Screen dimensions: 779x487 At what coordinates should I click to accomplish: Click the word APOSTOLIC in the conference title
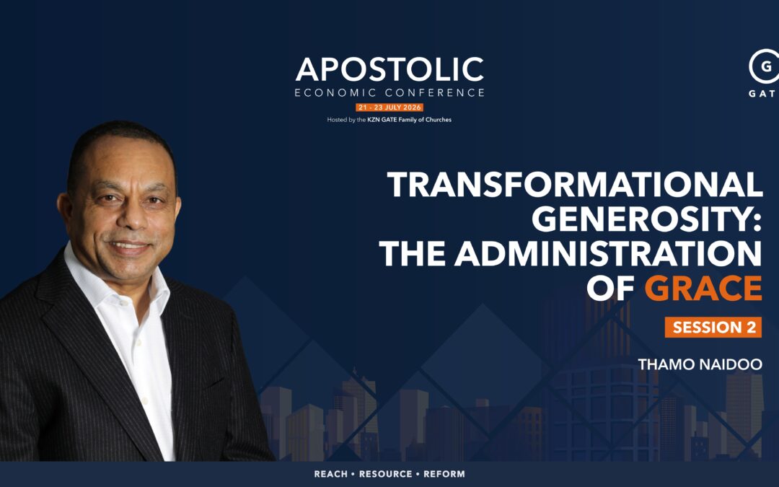click(389, 69)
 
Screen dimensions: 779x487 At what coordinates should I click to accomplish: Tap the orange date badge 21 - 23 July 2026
click(389, 108)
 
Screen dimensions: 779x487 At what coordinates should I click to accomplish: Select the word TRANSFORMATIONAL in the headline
click(575, 185)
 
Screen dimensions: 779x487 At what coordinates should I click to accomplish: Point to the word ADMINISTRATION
click(608, 253)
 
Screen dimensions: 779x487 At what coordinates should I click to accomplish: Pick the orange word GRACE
click(703, 288)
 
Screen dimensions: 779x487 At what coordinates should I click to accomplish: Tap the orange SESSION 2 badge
click(713, 327)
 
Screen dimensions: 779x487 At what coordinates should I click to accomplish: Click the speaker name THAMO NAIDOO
click(700, 364)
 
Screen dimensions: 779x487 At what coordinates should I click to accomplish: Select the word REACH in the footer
click(331, 474)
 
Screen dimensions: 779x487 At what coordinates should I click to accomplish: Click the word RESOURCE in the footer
click(385, 474)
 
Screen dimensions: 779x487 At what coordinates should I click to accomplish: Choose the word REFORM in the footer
click(444, 474)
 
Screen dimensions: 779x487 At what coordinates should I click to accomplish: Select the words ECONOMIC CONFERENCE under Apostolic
click(389, 92)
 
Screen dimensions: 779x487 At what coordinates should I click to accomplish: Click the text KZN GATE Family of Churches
click(410, 120)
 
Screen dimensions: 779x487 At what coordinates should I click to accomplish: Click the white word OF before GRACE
click(611, 288)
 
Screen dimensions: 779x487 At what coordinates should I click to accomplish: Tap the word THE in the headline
click(412, 253)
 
